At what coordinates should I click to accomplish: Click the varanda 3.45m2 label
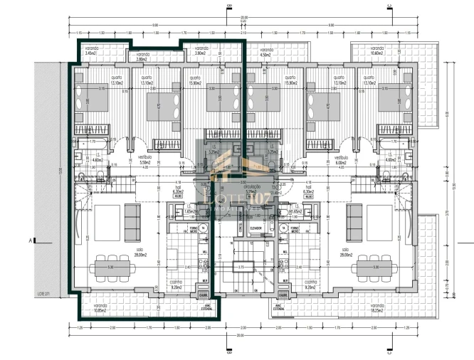[90, 52]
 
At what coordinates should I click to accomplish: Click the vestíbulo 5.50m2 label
[144, 160]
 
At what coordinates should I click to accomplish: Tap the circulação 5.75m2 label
[251, 191]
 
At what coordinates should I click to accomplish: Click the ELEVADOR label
[256, 228]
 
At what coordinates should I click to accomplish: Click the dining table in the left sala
[112, 267]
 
